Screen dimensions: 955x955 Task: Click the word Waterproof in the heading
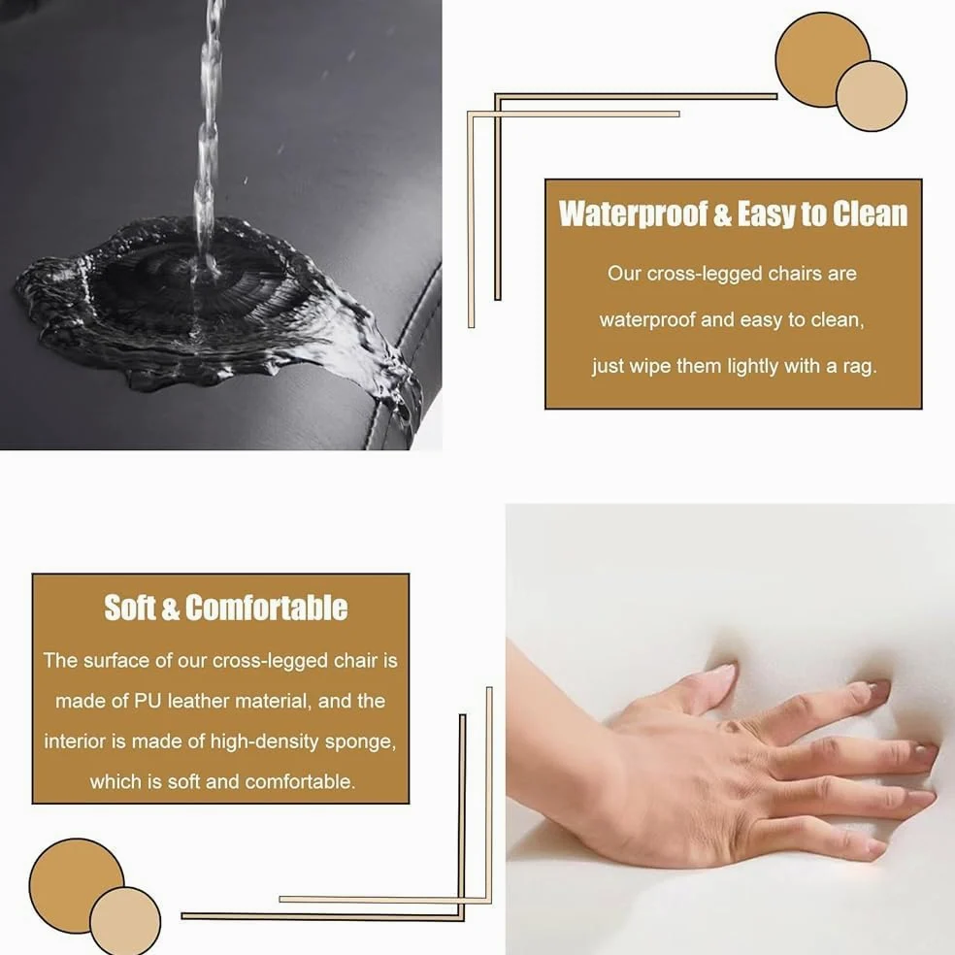[634, 214]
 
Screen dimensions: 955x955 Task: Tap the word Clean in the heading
[870, 214]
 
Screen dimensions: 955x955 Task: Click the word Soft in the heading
[130, 608]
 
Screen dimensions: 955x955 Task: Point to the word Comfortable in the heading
[266, 608]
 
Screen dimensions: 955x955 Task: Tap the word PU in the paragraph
[148, 701]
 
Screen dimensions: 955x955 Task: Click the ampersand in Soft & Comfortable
[171, 609]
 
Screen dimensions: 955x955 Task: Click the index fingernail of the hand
[879, 688]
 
